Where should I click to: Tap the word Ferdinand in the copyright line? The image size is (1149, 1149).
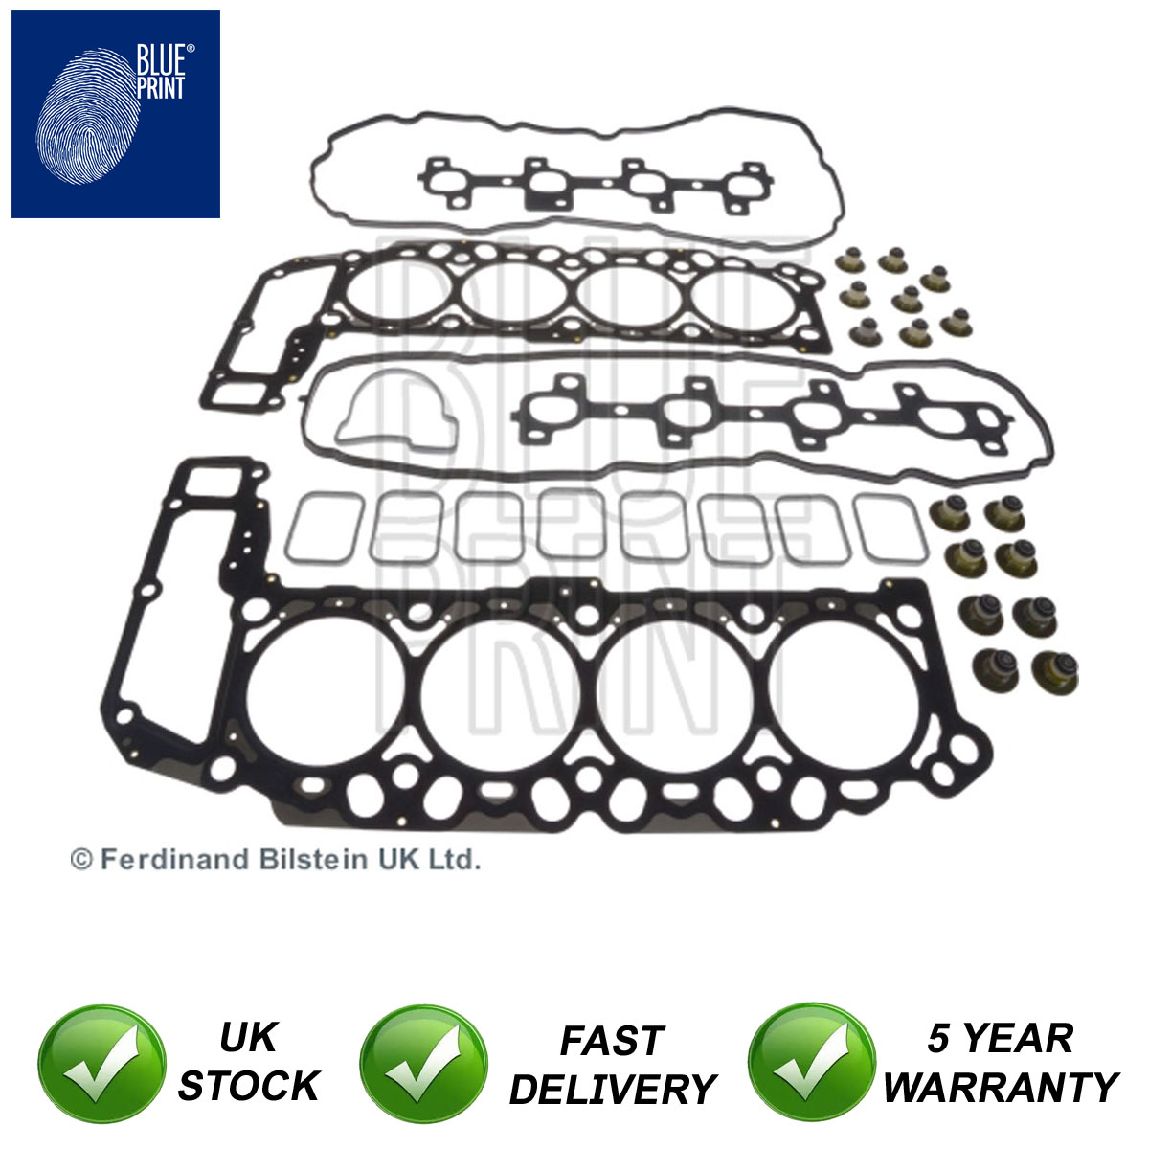point(174,859)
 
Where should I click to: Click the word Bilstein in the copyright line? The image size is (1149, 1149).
point(313,859)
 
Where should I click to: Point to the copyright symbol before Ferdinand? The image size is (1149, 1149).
point(81,861)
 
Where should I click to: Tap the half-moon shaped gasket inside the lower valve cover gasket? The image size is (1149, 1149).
point(395,410)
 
